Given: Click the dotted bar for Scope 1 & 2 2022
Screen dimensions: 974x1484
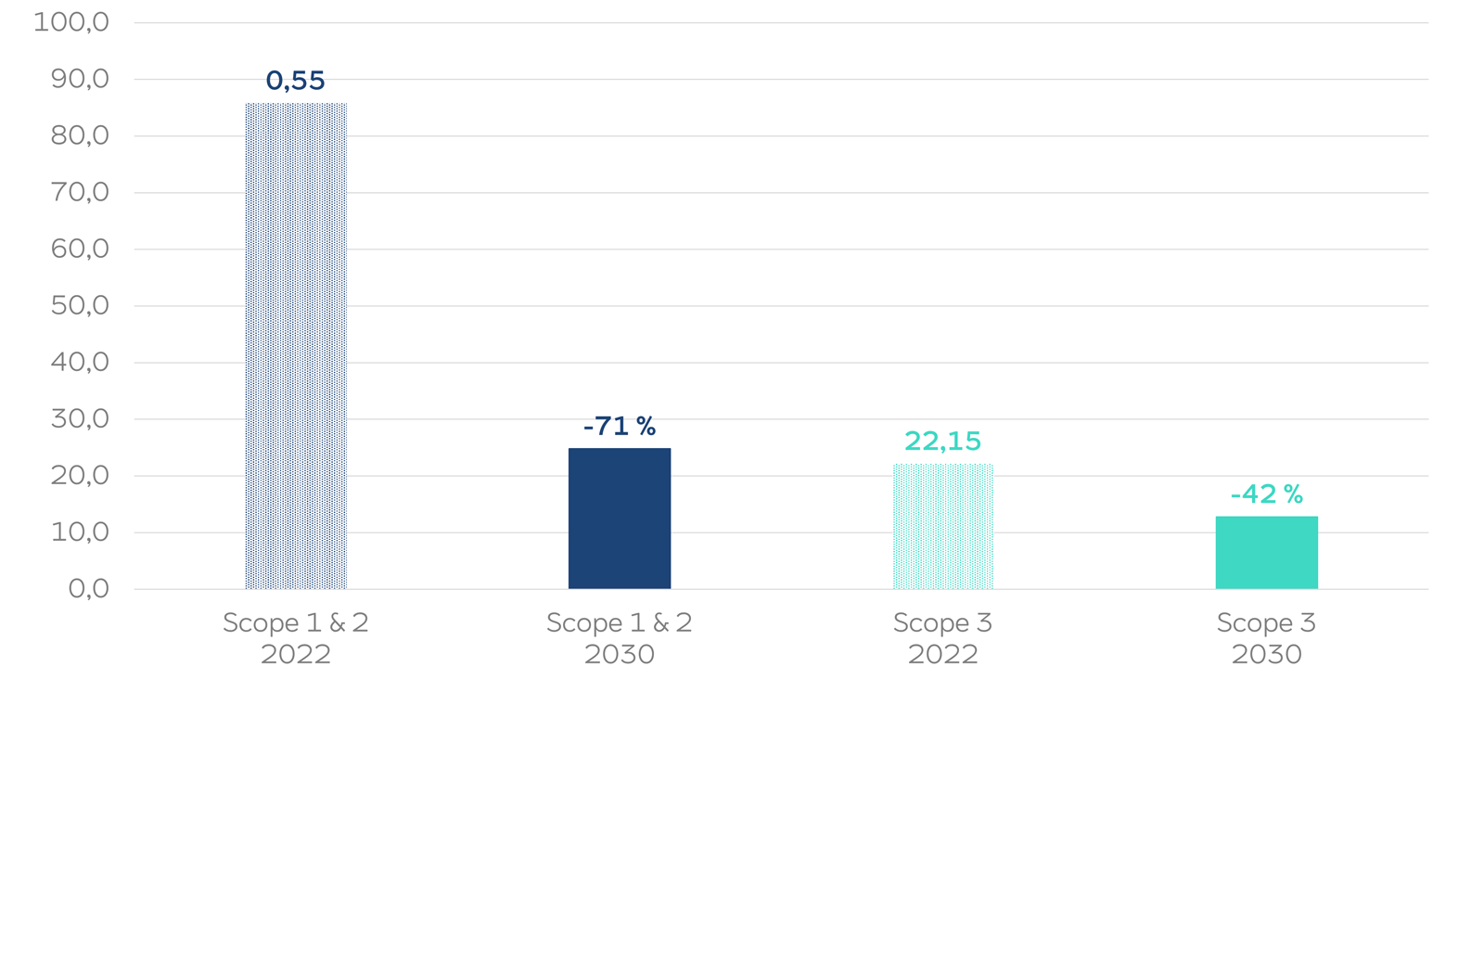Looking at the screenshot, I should click(296, 346).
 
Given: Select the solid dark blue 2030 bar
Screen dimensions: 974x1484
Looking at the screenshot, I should click(620, 519).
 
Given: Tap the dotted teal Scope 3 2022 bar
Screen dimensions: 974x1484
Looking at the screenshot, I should click(942, 526).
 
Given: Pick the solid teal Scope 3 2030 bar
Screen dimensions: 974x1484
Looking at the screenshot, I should click(1266, 553).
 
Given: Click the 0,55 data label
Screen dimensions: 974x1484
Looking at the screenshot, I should click(296, 81).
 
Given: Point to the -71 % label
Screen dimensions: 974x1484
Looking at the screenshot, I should click(620, 426).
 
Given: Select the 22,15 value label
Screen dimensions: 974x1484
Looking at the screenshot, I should click(942, 441).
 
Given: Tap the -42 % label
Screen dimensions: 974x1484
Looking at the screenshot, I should click(1266, 493).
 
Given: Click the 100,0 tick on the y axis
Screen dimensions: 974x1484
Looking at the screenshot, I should click(71, 22).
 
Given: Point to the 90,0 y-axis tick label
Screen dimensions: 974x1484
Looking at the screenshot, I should click(80, 79).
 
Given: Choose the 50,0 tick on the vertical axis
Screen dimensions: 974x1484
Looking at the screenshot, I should click(80, 305).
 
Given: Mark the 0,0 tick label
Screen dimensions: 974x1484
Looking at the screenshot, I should click(88, 588).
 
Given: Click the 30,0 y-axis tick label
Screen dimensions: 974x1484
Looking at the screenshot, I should click(80, 418).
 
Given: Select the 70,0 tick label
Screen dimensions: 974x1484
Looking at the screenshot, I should click(80, 192).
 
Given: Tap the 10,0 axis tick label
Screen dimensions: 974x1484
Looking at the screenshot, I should click(80, 532).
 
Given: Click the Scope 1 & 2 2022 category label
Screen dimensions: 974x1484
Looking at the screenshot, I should click(296, 638).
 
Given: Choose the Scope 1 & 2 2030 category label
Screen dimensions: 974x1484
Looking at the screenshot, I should click(620, 638).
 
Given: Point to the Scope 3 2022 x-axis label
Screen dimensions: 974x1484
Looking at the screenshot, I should click(942, 638).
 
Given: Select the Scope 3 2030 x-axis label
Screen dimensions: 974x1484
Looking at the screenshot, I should click(1266, 638).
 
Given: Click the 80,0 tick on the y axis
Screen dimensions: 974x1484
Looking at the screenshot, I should click(80, 135).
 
